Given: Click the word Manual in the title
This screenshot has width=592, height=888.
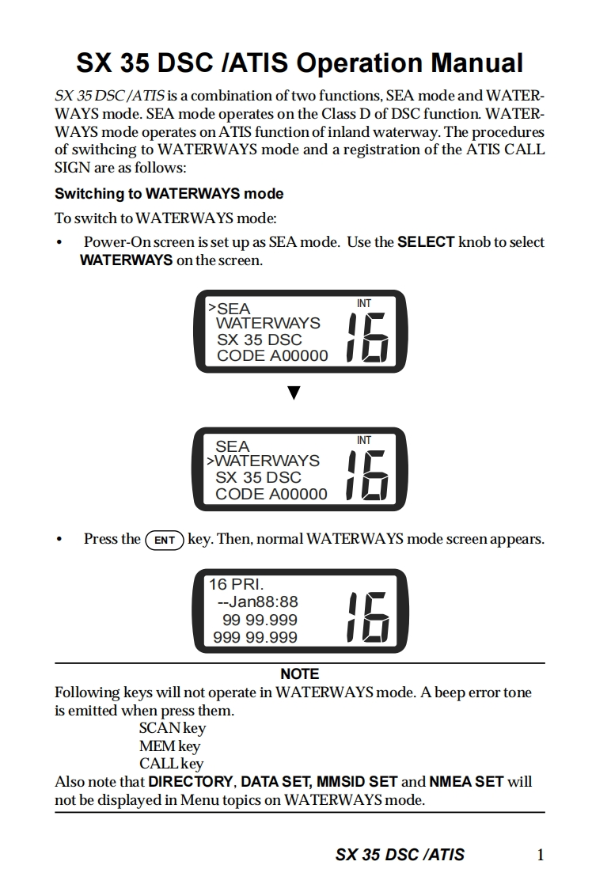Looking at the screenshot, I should (477, 63).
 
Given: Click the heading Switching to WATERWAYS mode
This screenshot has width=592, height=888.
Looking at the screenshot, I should (169, 194).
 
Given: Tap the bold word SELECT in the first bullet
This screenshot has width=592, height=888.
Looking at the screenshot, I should (426, 242).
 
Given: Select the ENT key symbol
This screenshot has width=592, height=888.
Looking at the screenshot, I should (165, 541).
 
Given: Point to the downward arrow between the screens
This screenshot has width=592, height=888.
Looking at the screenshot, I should (294, 393).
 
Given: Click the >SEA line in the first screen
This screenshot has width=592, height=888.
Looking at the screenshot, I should (229, 308).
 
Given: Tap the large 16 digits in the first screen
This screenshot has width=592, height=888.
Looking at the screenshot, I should (367, 336).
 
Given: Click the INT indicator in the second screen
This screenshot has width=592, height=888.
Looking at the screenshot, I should (364, 441).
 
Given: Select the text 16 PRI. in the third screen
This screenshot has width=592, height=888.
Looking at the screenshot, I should (236, 585).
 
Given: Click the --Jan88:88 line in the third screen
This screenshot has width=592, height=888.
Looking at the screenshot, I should (257, 602).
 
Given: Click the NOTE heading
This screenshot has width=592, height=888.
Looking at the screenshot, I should (299, 674).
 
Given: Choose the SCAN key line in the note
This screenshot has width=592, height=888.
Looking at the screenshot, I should (172, 728).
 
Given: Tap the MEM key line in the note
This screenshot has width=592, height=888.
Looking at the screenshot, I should (169, 746).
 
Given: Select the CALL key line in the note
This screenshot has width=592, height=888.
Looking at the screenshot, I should (171, 764).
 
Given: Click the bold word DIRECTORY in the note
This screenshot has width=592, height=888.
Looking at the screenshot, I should (191, 781).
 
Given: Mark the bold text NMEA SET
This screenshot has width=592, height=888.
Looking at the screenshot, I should (466, 781).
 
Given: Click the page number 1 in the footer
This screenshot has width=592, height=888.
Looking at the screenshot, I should (540, 855).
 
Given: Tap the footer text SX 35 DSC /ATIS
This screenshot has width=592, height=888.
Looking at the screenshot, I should (400, 855).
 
